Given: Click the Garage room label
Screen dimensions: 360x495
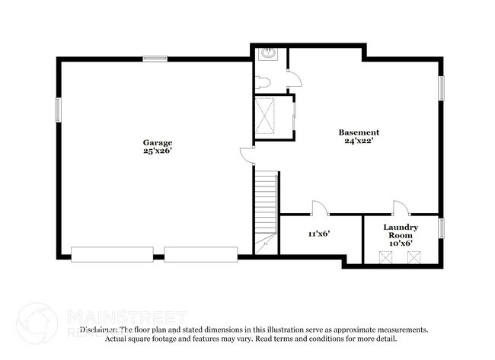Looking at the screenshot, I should tap(158, 142).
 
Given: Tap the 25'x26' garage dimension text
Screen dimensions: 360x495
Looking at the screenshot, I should tap(158, 151).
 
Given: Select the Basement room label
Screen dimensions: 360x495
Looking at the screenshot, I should tap(359, 132).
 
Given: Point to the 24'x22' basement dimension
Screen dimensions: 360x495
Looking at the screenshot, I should tap(359, 142).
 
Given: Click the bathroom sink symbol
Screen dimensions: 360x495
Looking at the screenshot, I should tap(268, 53).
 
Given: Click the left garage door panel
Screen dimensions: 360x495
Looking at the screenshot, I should tap(113, 254).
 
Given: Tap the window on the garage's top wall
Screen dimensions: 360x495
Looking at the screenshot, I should tap(156, 58).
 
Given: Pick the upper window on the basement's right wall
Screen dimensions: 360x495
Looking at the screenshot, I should tap(441, 88).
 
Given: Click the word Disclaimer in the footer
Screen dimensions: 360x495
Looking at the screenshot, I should tap(98, 330).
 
